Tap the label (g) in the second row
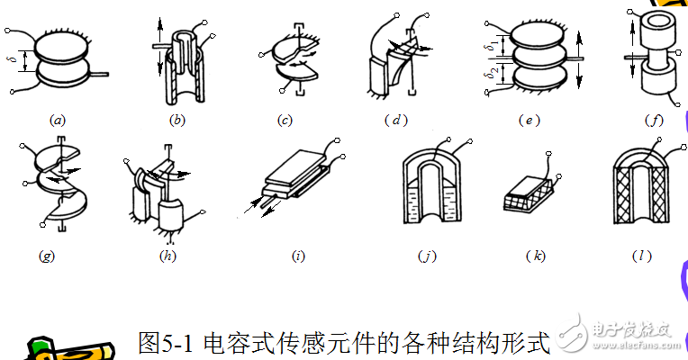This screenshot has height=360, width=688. click(47, 256)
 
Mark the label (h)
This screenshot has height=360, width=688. click(167, 256)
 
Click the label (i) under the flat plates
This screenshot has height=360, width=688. click(299, 256)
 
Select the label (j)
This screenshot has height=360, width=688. click(427, 256)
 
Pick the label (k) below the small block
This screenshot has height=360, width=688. click(535, 256)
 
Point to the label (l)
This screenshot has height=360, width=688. click(639, 256)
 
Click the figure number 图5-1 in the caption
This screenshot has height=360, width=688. click(170, 342)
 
